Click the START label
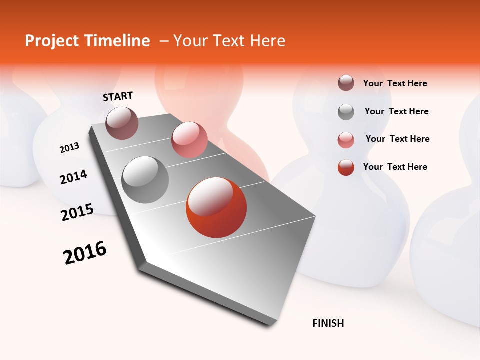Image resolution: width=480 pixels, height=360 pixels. coord(118,96)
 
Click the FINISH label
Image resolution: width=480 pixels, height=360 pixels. coord(328,323)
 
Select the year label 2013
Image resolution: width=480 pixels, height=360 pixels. coord(69,148)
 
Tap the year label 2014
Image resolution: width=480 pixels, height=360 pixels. coord(73,177)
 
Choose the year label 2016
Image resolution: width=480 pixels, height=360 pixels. coord(85,253)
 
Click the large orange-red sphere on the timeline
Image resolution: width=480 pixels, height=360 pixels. coord(216,207)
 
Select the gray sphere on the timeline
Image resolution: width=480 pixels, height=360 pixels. coord(145,180)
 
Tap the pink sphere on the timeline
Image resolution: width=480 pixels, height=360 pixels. coord(189,140)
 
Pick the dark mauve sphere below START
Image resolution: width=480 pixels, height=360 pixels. coord(122,123)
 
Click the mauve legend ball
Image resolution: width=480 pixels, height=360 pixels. coord(346,83)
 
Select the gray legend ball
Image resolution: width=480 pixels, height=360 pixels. coord(346,112)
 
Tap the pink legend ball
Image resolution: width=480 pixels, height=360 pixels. coord(346,139)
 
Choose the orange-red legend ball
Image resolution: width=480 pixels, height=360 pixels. coord(346,167)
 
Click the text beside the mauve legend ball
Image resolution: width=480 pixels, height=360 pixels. coord(395,84)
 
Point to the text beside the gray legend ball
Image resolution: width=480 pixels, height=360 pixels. coord(396,111)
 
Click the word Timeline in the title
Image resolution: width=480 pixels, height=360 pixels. coord(117,41)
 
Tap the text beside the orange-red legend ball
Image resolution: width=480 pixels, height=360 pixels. coord(395,167)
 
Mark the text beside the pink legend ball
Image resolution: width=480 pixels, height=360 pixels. coord(397,139)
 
